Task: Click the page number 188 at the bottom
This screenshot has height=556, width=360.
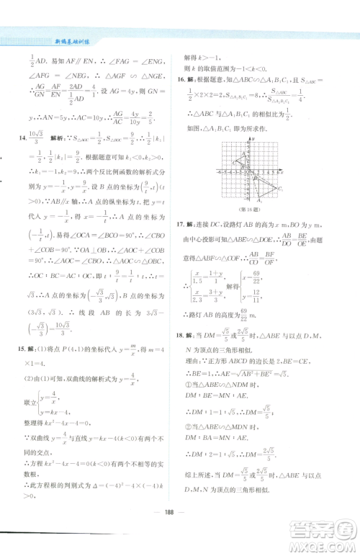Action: tap(179, 537)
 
